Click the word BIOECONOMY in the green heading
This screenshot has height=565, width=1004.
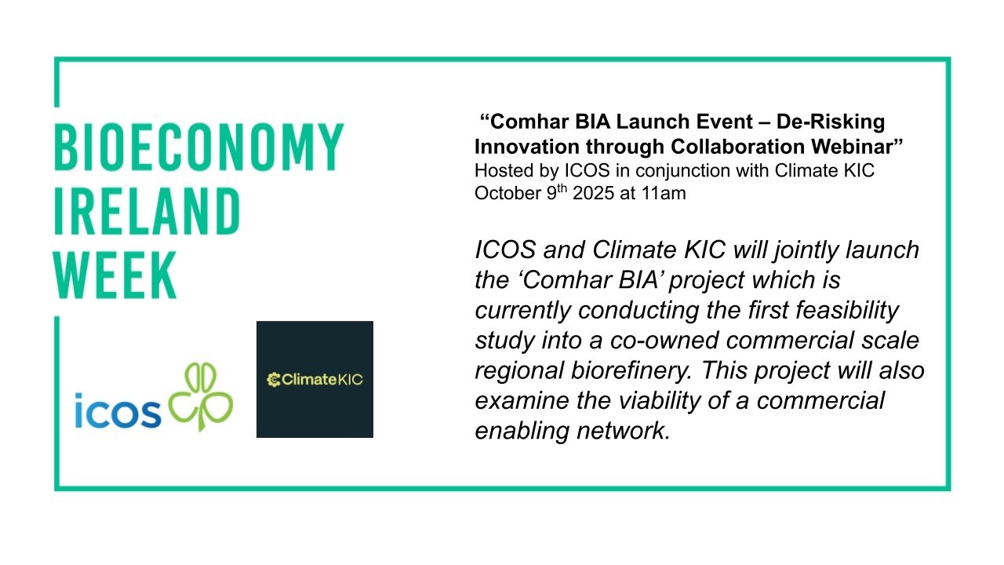pyautogui.click(x=199, y=147)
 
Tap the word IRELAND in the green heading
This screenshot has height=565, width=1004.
pyautogui.click(x=147, y=211)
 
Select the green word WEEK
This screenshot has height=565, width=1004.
pyautogui.click(x=115, y=275)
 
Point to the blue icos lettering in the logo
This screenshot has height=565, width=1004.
pyautogui.click(x=118, y=411)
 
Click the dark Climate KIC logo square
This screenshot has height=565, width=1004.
pyautogui.click(x=315, y=379)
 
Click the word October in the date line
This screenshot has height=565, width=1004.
pyautogui.click(x=507, y=193)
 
